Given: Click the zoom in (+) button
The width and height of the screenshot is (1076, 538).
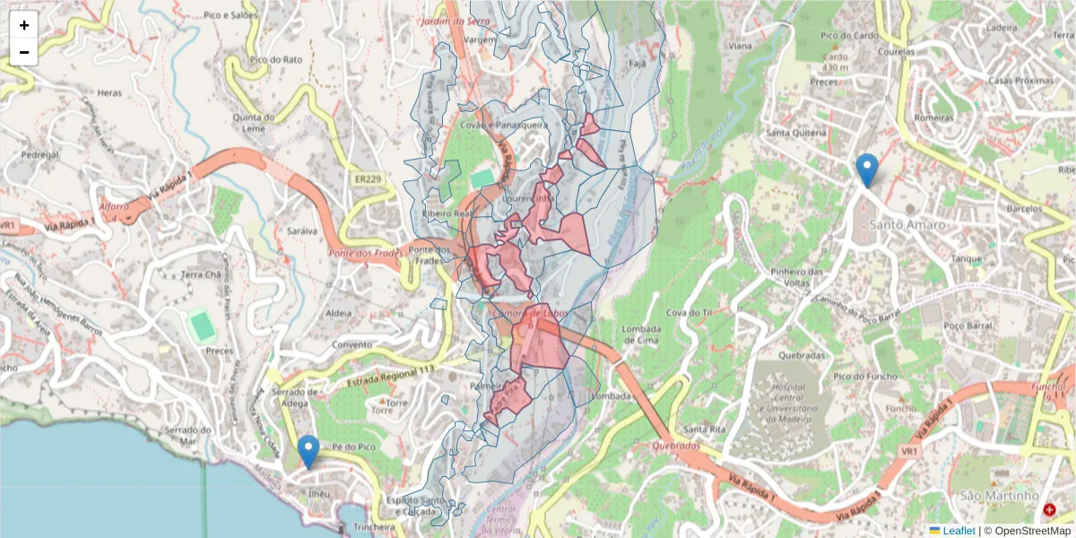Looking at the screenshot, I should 24,25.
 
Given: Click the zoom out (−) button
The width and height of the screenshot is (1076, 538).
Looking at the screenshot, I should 24,52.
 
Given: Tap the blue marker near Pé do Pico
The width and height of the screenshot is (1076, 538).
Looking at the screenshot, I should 308,451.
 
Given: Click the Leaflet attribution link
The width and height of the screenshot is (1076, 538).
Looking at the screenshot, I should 959,531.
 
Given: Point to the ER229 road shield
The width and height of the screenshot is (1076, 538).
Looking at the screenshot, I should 365,180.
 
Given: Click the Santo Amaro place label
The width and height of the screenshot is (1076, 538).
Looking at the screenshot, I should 907,224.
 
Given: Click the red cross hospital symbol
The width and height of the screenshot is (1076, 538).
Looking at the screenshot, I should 1049,509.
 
